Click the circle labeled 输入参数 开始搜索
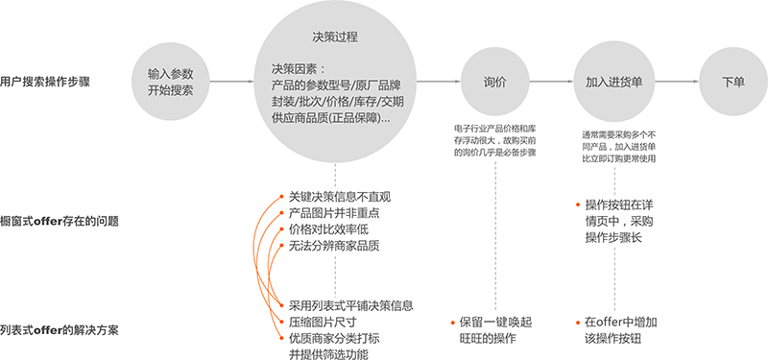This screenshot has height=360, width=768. (171, 83)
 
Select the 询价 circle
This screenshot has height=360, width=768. (494, 83)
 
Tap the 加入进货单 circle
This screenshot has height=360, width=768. (614, 82)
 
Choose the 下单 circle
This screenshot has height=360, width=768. (733, 82)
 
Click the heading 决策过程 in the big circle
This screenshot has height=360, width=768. (335, 37)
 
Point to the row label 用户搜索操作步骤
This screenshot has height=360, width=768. (45, 82)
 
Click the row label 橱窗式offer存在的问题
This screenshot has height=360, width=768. (60, 222)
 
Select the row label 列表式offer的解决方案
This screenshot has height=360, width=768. (60, 330)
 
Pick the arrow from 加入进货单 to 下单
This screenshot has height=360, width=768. (677, 82)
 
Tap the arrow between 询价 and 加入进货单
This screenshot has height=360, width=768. (551, 82)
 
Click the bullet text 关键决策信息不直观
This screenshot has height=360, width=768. (340, 197)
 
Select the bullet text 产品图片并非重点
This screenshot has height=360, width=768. (334, 213)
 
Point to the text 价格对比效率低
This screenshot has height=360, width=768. (328, 229)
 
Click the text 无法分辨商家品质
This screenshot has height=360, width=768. (334, 247)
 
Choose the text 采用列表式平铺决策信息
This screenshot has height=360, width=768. (351, 305)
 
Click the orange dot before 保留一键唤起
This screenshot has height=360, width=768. (452, 323)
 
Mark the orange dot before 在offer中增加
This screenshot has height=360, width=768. (579, 323)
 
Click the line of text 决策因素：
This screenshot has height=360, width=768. (299, 68)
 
